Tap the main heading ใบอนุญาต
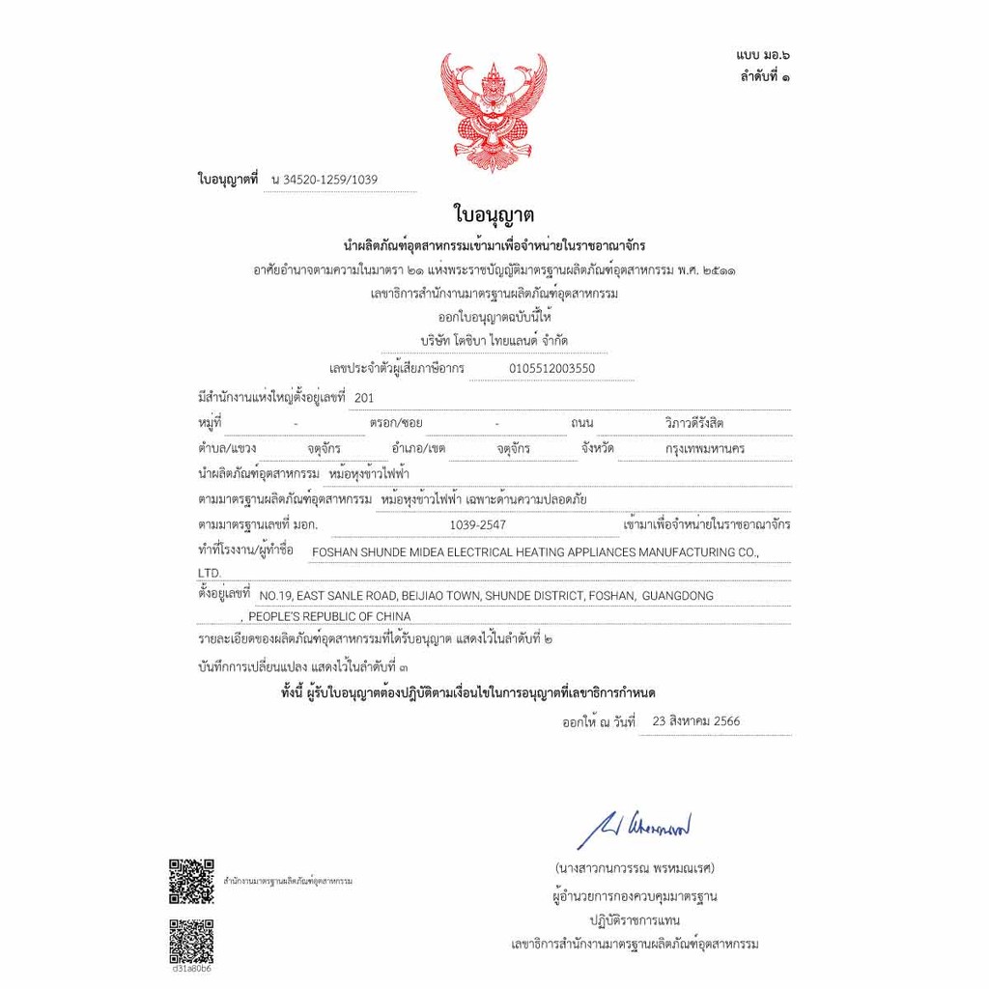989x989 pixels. [494, 214]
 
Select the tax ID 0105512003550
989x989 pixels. [551, 368]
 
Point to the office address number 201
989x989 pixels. [363, 397]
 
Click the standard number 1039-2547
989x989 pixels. [477, 524]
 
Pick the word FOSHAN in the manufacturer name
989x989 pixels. [335, 552]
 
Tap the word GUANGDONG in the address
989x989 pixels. [677, 596]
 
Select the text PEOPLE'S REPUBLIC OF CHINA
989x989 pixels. [329, 616]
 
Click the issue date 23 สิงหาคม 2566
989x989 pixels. [696, 721]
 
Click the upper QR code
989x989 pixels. [191, 880]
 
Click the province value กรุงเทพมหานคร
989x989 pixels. [705, 449]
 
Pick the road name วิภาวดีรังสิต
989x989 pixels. [694, 423]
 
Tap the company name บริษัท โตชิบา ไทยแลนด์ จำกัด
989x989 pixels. [494, 341]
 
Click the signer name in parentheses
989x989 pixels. [634, 866]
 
